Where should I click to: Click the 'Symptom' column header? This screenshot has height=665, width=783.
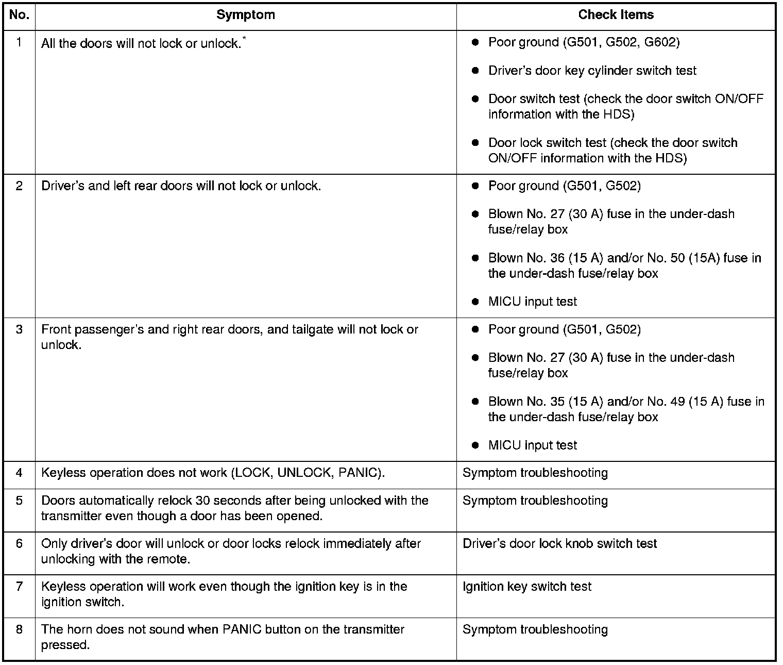tap(245, 15)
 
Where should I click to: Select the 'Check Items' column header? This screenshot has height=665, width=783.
tap(616, 15)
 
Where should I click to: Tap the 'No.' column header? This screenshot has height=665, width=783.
tap(19, 15)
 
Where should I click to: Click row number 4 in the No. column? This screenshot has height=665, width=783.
tap(19, 473)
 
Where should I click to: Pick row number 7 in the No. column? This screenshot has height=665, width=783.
tap(19, 587)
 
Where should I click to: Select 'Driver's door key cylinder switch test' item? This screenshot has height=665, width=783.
tap(592, 71)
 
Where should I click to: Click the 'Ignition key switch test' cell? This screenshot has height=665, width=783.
tap(527, 587)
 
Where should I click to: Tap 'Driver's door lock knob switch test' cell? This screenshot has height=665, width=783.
tap(559, 544)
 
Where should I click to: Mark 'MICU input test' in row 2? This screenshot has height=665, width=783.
tap(532, 302)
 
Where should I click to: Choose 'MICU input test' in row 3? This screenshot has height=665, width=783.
tap(532, 445)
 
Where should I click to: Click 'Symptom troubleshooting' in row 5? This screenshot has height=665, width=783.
tap(535, 501)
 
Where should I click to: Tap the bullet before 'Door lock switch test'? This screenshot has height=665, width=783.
tap(475, 143)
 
